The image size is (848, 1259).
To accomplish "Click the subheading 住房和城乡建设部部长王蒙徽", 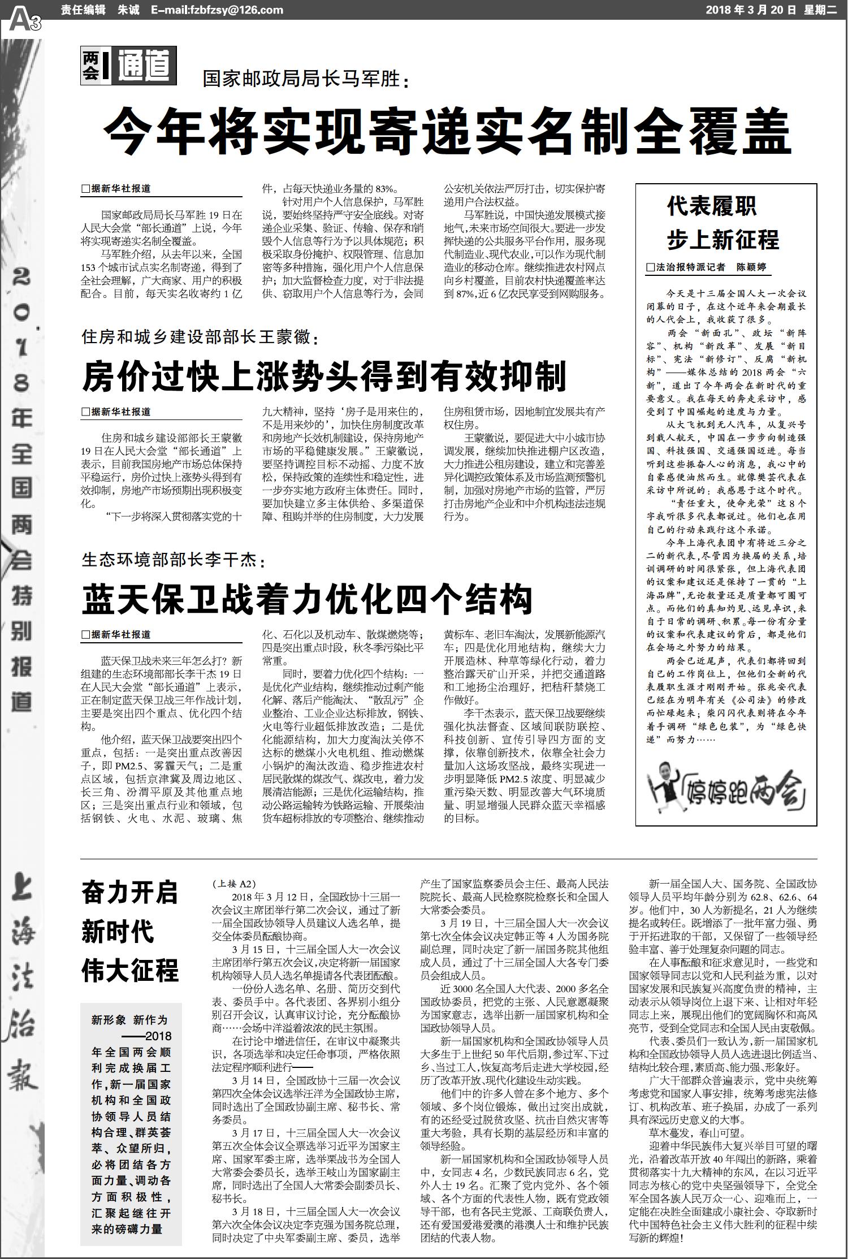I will pyautogui.click(x=200, y=338).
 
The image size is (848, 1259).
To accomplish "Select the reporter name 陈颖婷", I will pyautogui.click(x=751, y=267).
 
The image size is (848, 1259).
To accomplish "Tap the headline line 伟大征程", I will pyautogui.click(x=129, y=969).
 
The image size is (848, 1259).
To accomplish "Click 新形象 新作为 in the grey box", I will pyautogui.click(x=129, y=1019).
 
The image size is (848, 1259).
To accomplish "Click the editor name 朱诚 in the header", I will pyautogui.click(x=126, y=10).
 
